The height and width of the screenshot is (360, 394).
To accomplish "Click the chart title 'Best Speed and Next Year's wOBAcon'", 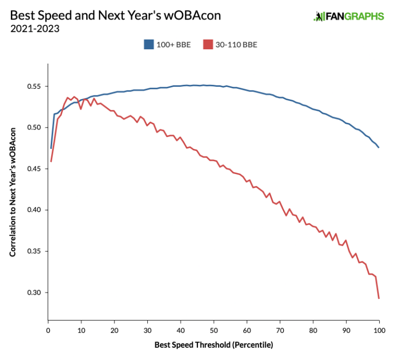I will [x=115, y=15].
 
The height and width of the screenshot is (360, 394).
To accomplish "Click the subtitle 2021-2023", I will [x=34, y=29].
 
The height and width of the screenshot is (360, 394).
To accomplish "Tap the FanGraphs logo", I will [x=348, y=16].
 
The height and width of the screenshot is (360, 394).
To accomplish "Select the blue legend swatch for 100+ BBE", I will [x=149, y=45].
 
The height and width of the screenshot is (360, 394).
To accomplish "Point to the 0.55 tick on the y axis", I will [x=35, y=86].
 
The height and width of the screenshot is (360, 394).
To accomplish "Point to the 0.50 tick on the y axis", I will [x=35, y=127].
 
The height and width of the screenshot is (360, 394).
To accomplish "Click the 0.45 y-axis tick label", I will [x=35, y=169].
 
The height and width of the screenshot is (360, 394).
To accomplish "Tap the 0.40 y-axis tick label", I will [x=35, y=210].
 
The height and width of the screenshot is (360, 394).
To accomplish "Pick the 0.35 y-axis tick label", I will [x=35, y=252].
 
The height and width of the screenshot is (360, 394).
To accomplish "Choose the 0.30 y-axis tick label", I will [x=35, y=293].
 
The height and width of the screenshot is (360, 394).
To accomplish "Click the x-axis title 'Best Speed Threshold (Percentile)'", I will [x=213, y=345].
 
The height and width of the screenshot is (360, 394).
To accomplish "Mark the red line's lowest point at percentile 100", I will [x=379, y=298].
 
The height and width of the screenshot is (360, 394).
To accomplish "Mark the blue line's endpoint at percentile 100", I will [x=379, y=148].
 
